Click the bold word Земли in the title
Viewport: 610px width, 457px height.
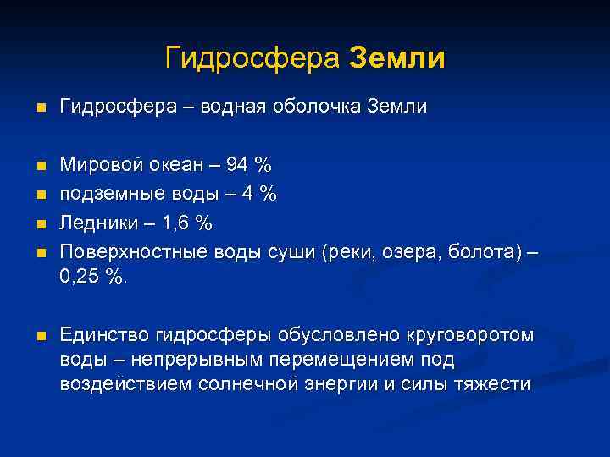(x=396, y=58)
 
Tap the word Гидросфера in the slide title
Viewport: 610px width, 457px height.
(x=252, y=58)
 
